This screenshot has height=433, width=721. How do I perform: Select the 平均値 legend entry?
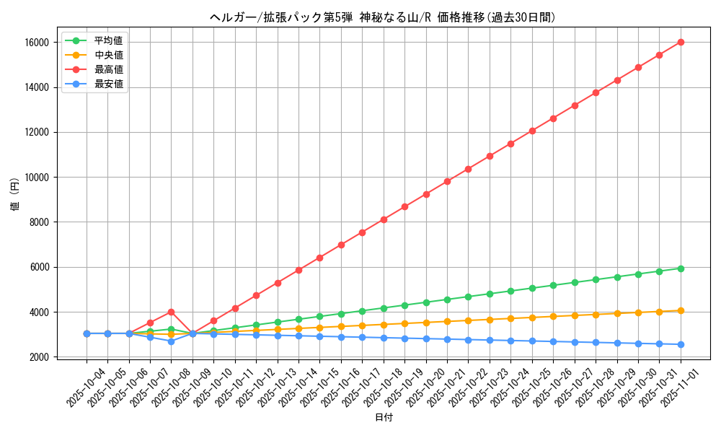(x=108, y=40)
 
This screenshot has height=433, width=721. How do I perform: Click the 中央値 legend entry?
(x=108, y=55)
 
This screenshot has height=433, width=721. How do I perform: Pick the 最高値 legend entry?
(x=108, y=69)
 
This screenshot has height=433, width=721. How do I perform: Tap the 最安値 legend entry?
(x=108, y=84)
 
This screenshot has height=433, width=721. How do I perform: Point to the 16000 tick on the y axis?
(x=37, y=43)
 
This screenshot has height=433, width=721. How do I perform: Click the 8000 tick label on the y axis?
(x=39, y=222)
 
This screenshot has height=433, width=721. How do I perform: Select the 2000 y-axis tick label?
(x=39, y=357)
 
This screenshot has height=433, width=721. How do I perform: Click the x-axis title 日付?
(x=384, y=418)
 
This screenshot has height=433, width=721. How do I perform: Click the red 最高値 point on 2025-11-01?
(x=681, y=42)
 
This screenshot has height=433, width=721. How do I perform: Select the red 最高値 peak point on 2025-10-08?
(x=172, y=312)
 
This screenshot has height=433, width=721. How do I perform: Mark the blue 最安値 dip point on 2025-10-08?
(x=172, y=341)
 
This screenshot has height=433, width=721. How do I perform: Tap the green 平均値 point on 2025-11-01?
(x=681, y=268)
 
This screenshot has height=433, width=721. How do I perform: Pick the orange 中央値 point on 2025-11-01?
(x=681, y=311)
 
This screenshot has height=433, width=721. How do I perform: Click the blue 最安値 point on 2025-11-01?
(x=681, y=344)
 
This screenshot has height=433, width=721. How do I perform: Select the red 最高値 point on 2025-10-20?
(x=426, y=194)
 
